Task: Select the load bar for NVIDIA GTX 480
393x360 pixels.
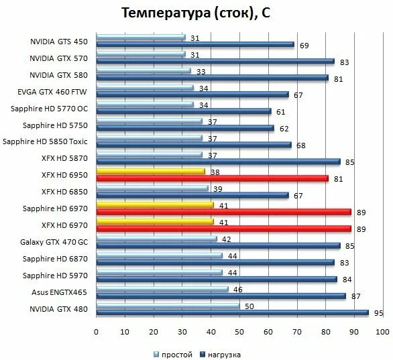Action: point(232,312)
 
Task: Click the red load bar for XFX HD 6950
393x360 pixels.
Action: point(212,178)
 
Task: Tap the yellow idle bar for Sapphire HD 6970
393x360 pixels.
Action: point(155,204)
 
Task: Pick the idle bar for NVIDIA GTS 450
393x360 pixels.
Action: point(140,37)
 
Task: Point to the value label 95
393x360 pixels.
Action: point(378,312)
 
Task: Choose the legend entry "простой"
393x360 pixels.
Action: point(176,354)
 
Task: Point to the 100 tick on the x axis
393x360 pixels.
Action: point(382,332)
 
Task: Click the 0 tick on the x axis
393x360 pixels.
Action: point(97,332)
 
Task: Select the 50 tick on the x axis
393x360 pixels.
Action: point(239,332)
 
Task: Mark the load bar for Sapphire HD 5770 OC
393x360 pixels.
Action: point(184,111)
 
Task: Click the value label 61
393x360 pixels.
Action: point(281,111)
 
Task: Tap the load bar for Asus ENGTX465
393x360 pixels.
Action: point(221,296)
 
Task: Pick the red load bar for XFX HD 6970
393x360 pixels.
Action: point(223,229)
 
